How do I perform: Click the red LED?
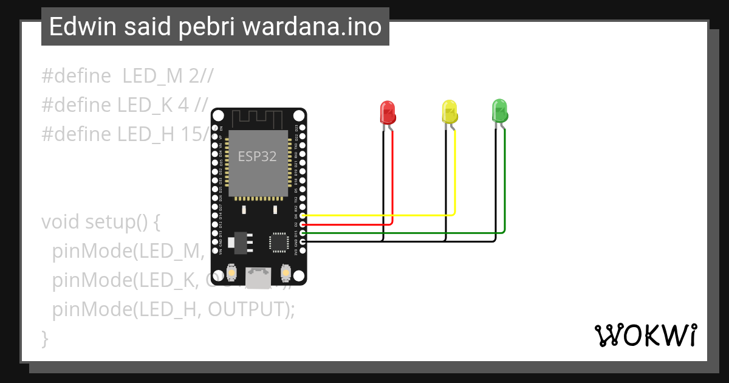(x=388, y=112)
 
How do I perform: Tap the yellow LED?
(x=449, y=112)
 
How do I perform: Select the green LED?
(x=499, y=111)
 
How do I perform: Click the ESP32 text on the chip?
(x=257, y=156)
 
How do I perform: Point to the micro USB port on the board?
(x=259, y=278)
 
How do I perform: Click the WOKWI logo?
(x=645, y=335)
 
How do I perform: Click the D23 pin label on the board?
(x=296, y=128)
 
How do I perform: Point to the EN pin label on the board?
(x=221, y=128)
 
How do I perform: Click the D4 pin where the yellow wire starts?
(x=303, y=215)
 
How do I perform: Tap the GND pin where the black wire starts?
(x=303, y=241)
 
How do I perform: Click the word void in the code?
(x=61, y=222)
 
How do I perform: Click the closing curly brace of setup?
(x=44, y=338)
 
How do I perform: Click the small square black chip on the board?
(x=279, y=241)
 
